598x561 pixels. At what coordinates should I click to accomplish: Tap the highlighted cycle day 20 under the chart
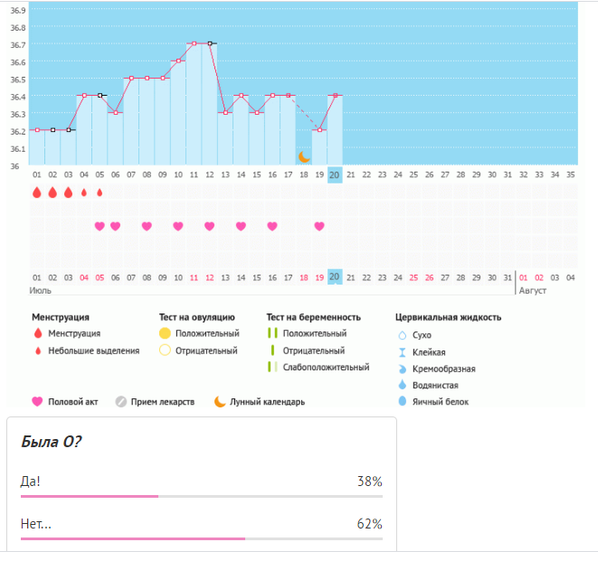335,174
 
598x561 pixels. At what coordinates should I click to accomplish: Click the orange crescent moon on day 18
304,156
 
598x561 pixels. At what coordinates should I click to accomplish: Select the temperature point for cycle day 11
194,43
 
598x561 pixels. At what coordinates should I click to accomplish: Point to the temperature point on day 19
319,130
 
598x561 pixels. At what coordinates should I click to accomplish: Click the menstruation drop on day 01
37,192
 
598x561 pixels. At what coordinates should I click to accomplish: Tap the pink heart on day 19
319,226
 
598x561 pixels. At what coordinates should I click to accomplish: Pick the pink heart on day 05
100,226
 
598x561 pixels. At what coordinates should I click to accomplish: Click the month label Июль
42,291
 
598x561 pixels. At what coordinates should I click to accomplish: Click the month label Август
532,291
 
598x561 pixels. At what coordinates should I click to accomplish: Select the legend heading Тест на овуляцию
196,317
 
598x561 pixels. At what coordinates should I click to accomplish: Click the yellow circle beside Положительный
165,333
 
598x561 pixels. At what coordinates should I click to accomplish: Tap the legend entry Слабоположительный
326,367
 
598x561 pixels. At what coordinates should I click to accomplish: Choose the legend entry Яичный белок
442,402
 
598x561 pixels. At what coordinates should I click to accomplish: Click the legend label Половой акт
72,402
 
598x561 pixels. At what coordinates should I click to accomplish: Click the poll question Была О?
51,442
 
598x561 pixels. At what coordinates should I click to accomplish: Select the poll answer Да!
31,482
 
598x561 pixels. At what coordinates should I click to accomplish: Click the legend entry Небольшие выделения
94,351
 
